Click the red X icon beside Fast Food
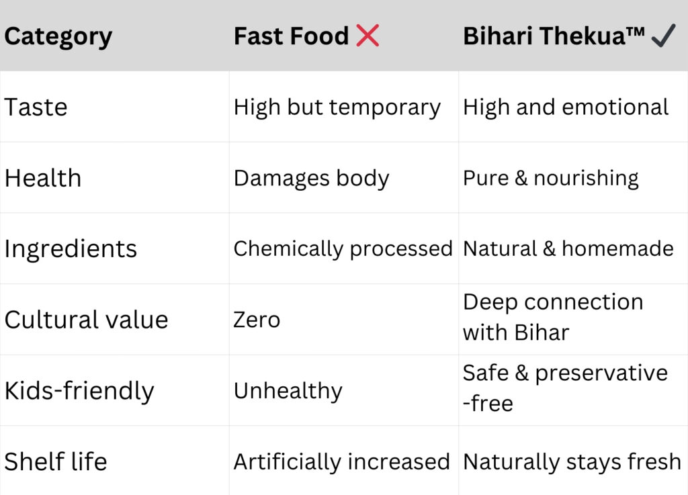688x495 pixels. pyautogui.click(x=368, y=36)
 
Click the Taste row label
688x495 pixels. pyautogui.click(x=36, y=107)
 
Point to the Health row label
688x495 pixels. pyautogui.click(x=43, y=178)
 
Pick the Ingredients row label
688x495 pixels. pyautogui.click(x=71, y=249)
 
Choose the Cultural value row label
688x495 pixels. pyautogui.click(x=86, y=320)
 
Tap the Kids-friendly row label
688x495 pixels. pyautogui.click(x=79, y=391)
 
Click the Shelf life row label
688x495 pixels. pyautogui.click(x=56, y=461)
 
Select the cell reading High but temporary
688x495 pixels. pyautogui.click(x=337, y=107)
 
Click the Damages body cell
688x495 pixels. pyautogui.click(x=311, y=178)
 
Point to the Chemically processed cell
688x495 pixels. pyautogui.click(x=343, y=249)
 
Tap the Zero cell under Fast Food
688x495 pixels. pyautogui.click(x=257, y=320)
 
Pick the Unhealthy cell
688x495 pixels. pyautogui.click(x=288, y=391)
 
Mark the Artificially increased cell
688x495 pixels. pyautogui.click(x=341, y=461)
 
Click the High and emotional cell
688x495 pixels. pyautogui.click(x=566, y=107)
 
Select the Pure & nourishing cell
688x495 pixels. pyautogui.click(x=551, y=178)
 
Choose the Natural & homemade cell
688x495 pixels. pyautogui.click(x=568, y=249)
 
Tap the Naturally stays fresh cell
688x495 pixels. pyautogui.click(x=572, y=461)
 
